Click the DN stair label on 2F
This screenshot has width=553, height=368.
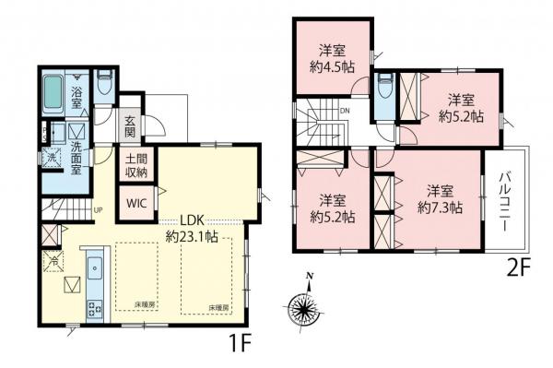click(344, 112)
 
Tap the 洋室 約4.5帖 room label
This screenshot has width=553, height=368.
click(332, 59)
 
